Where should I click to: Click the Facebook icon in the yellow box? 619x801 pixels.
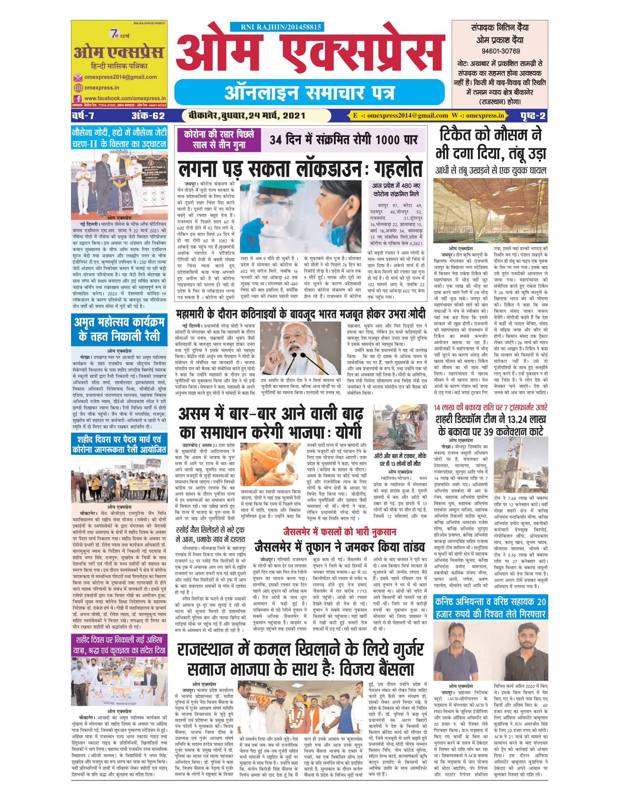[x=77, y=98]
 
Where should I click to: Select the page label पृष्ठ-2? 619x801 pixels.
[x=533, y=116]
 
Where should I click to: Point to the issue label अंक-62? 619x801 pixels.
[x=148, y=116]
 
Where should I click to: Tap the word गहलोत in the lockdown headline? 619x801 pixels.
[x=398, y=169]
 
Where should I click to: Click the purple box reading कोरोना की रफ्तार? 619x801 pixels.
[x=218, y=139]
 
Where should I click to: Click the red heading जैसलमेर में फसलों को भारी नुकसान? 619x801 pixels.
[x=339, y=532]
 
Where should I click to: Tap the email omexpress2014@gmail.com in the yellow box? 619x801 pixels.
[x=120, y=77]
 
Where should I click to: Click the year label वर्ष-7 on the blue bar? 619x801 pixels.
[x=83, y=116]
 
